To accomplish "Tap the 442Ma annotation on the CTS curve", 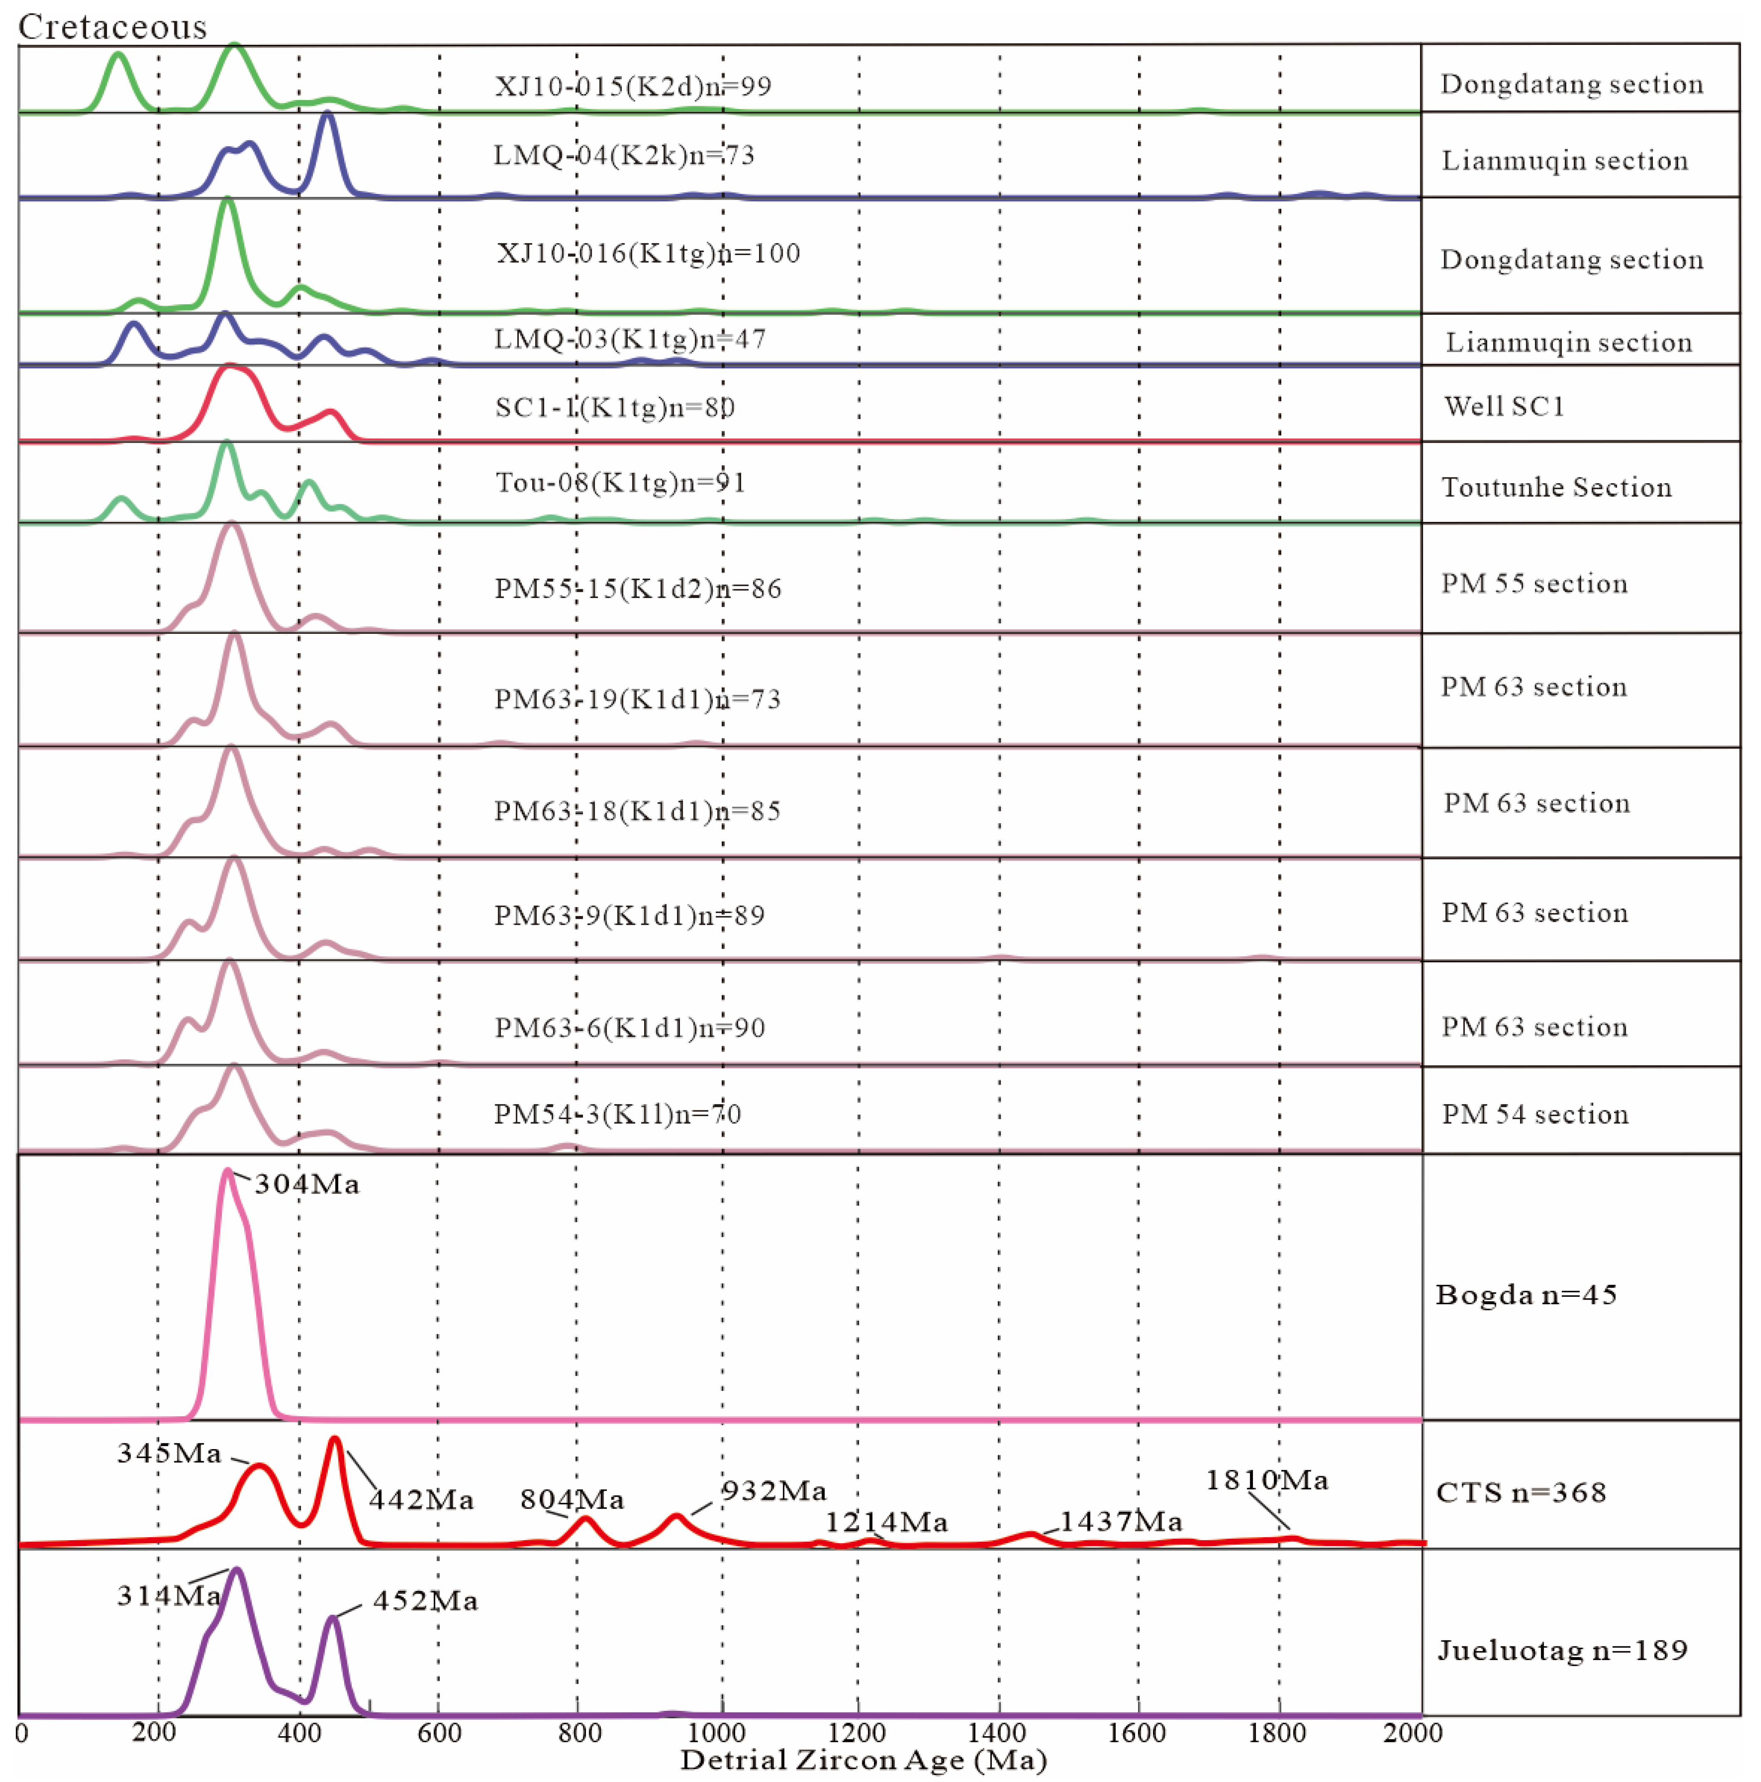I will pyautogui.click(x=422, y=1500).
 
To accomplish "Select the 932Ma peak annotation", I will pyautogui.click(x=774, y=1492).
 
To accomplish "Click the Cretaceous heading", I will pyautogui.click(x=112, y=27).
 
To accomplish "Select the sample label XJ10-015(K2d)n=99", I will pyautogui.click(x=633, y=86).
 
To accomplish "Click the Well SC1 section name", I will pyautogui.click(x=1505, y=407).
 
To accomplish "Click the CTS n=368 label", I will pyautogui.click(x=1521, y=1492).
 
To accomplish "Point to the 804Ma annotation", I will pyautogui.click(x=572, y=1500).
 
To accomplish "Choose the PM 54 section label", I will pyautogui.click(x=1535, y=1114).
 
